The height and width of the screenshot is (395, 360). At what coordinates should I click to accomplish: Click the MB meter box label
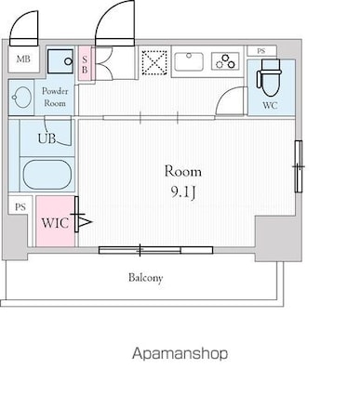(23, 59)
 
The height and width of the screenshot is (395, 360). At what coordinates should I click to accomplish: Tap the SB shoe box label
(85, 65)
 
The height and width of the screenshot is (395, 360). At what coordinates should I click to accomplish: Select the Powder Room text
(55, 97)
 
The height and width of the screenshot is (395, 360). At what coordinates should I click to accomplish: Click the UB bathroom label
(47, 138)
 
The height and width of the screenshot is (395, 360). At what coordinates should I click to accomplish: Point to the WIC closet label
(55, 223)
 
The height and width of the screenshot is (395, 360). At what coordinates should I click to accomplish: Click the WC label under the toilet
(270, 105)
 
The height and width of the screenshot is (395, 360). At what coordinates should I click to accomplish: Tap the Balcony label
(146, 278)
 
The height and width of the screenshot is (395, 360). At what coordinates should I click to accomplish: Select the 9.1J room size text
(183, 193)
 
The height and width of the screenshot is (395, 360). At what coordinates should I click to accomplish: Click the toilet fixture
(269, 77)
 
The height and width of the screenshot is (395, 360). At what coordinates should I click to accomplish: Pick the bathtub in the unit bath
(47, 174)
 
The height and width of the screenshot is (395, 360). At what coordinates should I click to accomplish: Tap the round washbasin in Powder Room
(21, 98)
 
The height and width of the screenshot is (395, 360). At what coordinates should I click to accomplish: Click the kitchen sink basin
(189, 61)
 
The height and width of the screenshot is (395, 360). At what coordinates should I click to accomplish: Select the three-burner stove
(225, 61)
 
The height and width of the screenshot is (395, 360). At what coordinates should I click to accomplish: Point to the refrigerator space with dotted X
(154, 62)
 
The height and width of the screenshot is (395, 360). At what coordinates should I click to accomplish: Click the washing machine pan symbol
(60, 61)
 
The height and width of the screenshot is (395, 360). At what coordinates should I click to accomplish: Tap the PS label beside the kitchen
(261, 51)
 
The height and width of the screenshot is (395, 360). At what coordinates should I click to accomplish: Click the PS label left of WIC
(20, 207)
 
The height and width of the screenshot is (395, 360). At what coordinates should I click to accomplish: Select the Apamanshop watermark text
(180, 354)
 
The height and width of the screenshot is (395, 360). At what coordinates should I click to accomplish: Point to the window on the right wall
(299, 166)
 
